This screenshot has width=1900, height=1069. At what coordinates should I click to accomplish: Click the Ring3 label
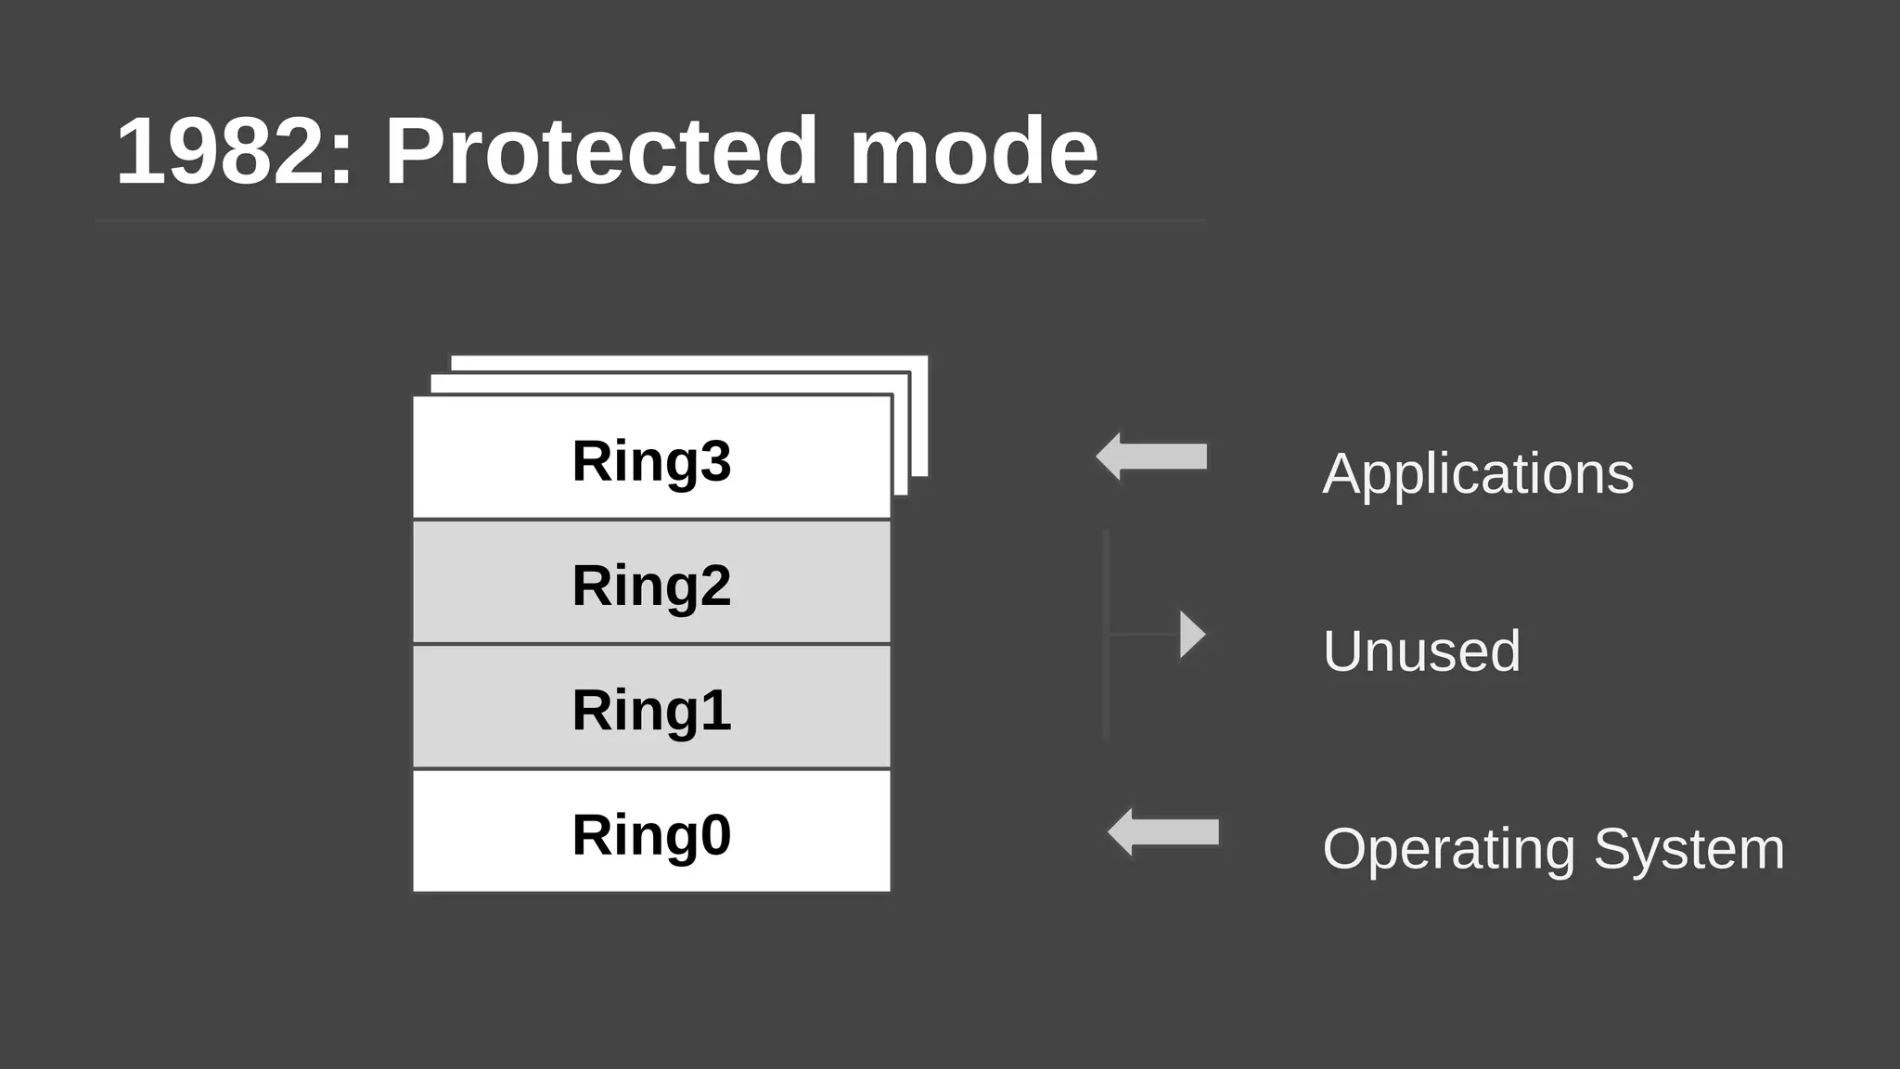point(651,461)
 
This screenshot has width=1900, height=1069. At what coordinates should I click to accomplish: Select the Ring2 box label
point(651,586)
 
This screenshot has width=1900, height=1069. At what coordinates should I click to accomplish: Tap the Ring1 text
point(651,710)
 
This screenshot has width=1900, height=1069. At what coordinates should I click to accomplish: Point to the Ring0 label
point(651,834)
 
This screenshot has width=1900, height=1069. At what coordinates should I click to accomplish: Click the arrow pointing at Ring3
point(1152,457)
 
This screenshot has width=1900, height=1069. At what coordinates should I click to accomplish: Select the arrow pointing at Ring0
point(1163,831)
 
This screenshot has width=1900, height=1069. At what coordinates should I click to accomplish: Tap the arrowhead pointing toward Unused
point(1191,635)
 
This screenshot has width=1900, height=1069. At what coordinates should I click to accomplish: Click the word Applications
point(1477,474)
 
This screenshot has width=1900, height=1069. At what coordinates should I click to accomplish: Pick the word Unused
point(1421,650)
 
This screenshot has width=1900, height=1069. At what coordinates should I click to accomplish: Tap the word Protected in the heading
point(601,151)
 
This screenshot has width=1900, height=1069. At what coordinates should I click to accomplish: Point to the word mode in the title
point(974,151)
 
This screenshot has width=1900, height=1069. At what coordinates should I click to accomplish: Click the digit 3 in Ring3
point(715,461)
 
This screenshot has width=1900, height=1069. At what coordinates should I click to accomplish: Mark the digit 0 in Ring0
point(715,834)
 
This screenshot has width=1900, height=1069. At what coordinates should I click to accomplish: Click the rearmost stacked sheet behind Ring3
point(919,418)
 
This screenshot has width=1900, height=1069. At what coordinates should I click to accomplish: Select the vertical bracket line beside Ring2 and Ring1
point(1106,635)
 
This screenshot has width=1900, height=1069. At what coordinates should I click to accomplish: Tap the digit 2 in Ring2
point(715,586)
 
